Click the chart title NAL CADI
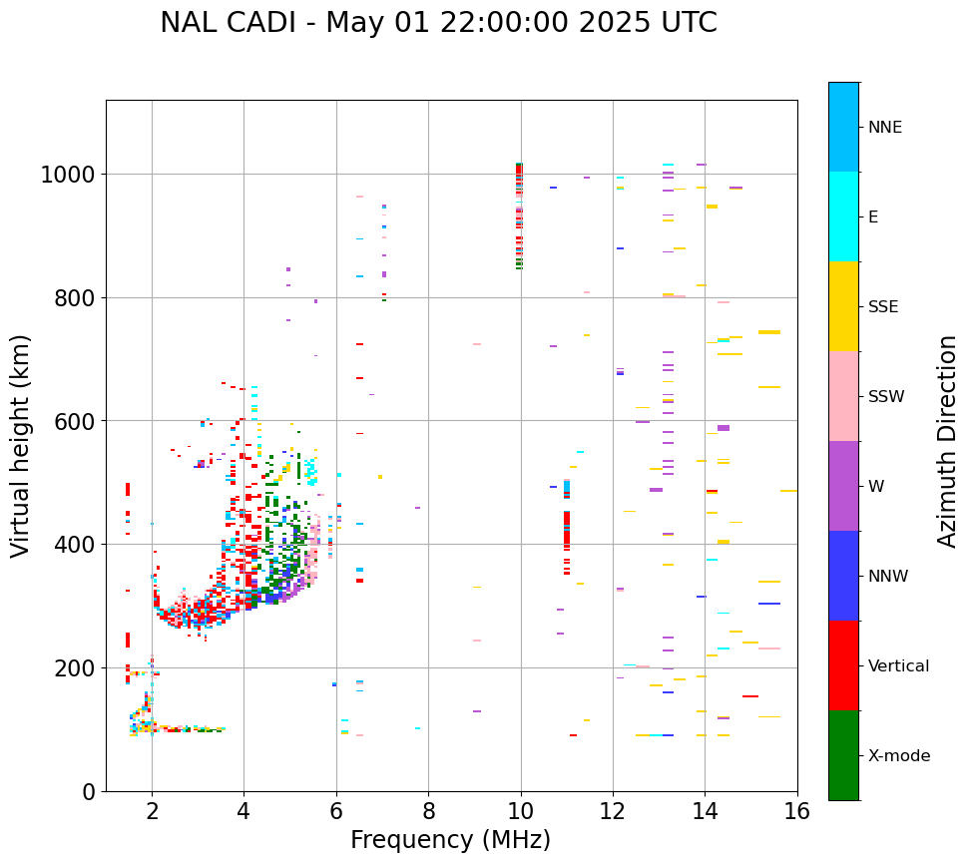pyautogui.click(x=438, y=23)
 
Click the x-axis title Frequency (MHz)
pyautogui.click(x=450, y=840)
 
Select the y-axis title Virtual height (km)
pyautogui.click(x=21, y=445)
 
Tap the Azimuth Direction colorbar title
pyautogui.click(x=947, y=441)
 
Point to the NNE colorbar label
pyautogui.click(x=884, y=127)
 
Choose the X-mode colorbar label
pyautogui.click(x=898, y=755)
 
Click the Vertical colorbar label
pyautogui.click(x=898, y=665)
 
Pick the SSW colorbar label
pyautogui.click(x=886, y=396)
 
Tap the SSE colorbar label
pyautogui.click(x=883, y=306)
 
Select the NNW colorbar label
pyautogui.click(x=888, y=576)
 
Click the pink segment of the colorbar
pyautogui.click(x=843, y=396)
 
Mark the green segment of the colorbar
pyautogui.click(x=843, y=755)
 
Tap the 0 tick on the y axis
pyautogui.click(x=88, y=791)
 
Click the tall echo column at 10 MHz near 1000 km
pyautogui.click(x=519, y=216)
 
